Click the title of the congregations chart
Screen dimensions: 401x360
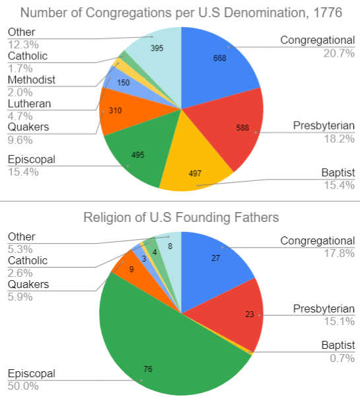[x=180, y=11]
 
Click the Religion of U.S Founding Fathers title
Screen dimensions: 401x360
[x=180, y=217]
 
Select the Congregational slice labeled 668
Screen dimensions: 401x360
[x=218, y=63]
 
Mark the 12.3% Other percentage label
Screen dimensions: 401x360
[x=22, y=44]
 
